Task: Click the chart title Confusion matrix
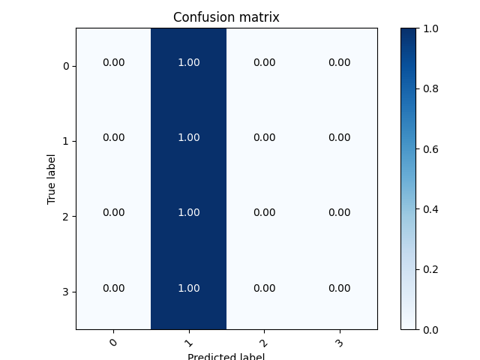(x=226, y=17)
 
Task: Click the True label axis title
(x=52, y=178)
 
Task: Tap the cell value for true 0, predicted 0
(x=114, y=63)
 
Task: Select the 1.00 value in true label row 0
(x=189, y=63)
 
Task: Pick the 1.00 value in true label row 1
(x=189, y=138)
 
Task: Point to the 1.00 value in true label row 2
(x=189, y=213)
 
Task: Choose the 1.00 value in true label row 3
(x=189, y=289)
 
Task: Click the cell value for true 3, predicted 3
(x=339, y=289)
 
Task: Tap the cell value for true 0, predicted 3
(x=339, y=63)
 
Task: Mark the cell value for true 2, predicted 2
(x=264, y=213)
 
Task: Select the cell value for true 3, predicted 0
(x=114, y=289)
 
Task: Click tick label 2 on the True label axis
(x=65, y=217)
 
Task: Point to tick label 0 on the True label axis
(x=65, y=66)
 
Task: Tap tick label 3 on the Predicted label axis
(x=339, y=343)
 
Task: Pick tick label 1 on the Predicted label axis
(x=188, y=343)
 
